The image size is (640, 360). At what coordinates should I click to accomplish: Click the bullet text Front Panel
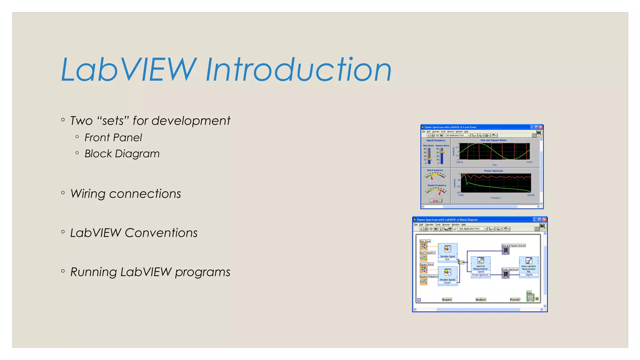click(x=113, y=137)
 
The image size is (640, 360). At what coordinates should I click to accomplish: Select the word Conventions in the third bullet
click(x=161, y=233)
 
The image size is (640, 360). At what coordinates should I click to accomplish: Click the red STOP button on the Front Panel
click(x=435, y=201)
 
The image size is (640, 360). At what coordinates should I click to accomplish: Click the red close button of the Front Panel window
click(x=541, y=127)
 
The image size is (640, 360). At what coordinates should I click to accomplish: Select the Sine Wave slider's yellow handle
click(x=430, y=159)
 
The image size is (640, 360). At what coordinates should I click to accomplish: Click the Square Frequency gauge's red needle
click(x=440, y=192)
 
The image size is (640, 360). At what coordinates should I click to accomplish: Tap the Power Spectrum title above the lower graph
click(x=493, y=171)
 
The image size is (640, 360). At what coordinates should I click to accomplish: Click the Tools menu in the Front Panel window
click(x=443, y=132)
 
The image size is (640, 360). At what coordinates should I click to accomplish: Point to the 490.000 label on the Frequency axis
click(x=531, y=195)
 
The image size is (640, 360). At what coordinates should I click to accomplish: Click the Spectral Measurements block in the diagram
click(x=480, y=265)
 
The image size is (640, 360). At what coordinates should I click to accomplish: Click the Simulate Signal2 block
click(x=447, y=275)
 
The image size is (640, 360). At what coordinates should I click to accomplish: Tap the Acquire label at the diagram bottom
click(x=447, y=300)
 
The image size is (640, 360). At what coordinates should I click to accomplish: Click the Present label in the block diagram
click(x=515, y=300)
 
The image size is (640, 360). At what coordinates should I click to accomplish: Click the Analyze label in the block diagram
click(x=481, y=300)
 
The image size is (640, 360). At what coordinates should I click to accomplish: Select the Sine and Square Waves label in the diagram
click(x=513, y=246)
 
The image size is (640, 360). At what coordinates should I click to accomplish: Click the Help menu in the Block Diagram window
click(x=463, y=225)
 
